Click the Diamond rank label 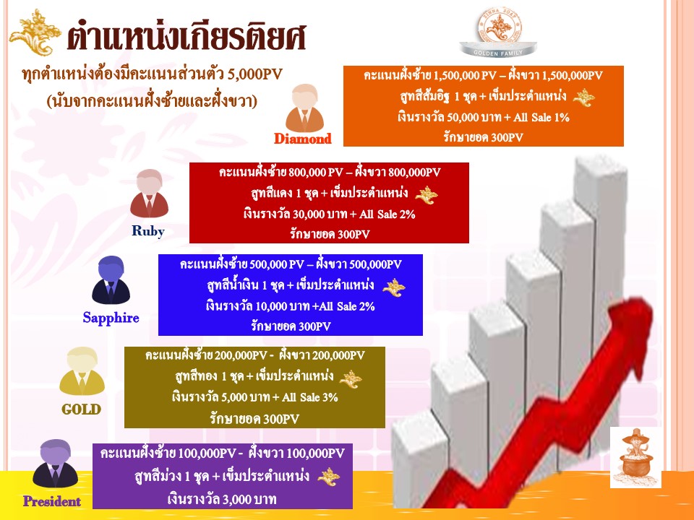tap(303, 139)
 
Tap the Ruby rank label tap(148, 231)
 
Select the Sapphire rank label tap(111, 318)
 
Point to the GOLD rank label tap(82, 409)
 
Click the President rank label tap(52, 501)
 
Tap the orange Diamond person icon tap(304, 108)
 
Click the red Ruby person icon tap(149, 194)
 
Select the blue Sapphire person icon tap(111, 280)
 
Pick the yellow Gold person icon tap(82, 371)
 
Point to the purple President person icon tap(56, 464)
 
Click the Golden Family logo tap(498, 33)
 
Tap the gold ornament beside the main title tap(35, 32)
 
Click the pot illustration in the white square tap(635, 458)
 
